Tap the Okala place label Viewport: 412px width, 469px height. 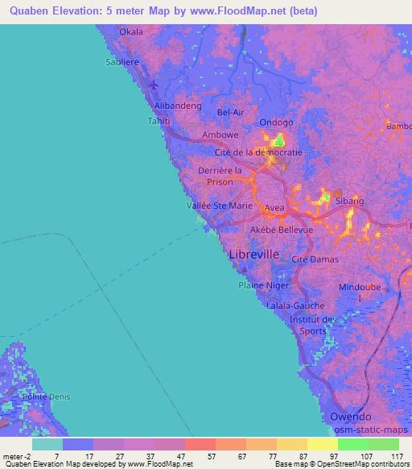[x=130, y=32]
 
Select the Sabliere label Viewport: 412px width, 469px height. [x=123, y=60]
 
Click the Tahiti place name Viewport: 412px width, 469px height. [x=158, y=121]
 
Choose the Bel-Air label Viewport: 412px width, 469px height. [x=230, y=113]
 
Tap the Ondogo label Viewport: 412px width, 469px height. [x=276, y=122]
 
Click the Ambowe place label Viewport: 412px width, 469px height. [x=220, y=135]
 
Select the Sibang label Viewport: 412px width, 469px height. [x=350, y=200]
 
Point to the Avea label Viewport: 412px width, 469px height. [x=274, y=208]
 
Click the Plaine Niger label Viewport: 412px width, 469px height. [x=263, y=284]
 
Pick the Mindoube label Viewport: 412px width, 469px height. [x=360, y=287]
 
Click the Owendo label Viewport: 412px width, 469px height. [x=351, y=417]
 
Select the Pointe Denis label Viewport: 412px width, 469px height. [x=47, y=397]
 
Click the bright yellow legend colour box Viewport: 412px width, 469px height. [x=322, y=444]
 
